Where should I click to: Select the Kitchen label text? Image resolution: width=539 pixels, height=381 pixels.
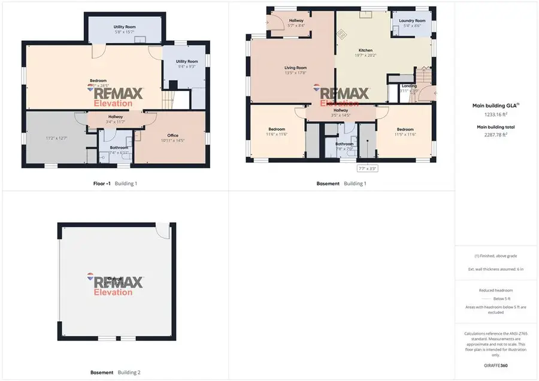click(365, 50)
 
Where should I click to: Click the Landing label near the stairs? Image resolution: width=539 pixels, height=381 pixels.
click(410, 86)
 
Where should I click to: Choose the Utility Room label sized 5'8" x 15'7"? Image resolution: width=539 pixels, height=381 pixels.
click(125, 27)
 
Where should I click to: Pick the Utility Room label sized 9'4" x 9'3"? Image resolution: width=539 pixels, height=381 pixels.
click(186, 61)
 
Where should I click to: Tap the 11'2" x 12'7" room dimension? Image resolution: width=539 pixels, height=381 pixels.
click(57, 138)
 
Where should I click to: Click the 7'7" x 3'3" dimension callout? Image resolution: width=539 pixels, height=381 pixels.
click(367, 169)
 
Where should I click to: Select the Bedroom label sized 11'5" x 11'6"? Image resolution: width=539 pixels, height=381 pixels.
click(405, 129)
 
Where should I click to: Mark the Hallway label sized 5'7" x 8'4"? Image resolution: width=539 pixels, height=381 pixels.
click(296, 20)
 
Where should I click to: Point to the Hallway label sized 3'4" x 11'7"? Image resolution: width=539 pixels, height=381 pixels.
click(116, 117)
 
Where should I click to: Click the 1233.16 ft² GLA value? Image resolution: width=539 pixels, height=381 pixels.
click(496, 114)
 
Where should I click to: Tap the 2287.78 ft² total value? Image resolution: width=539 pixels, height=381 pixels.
click(496, 135)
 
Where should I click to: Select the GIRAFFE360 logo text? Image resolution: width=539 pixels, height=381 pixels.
click(496, 365)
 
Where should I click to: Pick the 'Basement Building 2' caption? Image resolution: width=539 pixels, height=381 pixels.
click(116, 372)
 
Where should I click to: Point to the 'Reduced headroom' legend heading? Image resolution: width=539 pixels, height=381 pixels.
click(496, 290)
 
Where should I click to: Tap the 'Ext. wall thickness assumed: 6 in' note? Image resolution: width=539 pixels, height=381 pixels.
click(496, 269)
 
